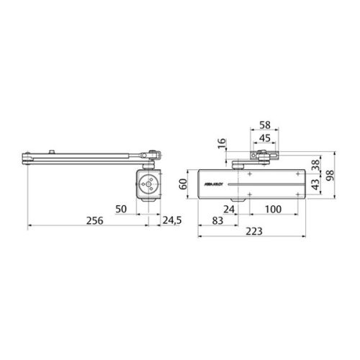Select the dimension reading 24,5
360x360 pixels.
coord(172,219)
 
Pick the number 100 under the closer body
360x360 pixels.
coord(273,209)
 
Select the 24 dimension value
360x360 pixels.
coord(229,209)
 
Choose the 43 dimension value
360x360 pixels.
coord(315,185)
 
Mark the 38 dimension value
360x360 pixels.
coord(315,163)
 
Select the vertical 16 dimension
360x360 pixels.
coord(221,143)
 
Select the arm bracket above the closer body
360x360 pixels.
coord(262,156)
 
